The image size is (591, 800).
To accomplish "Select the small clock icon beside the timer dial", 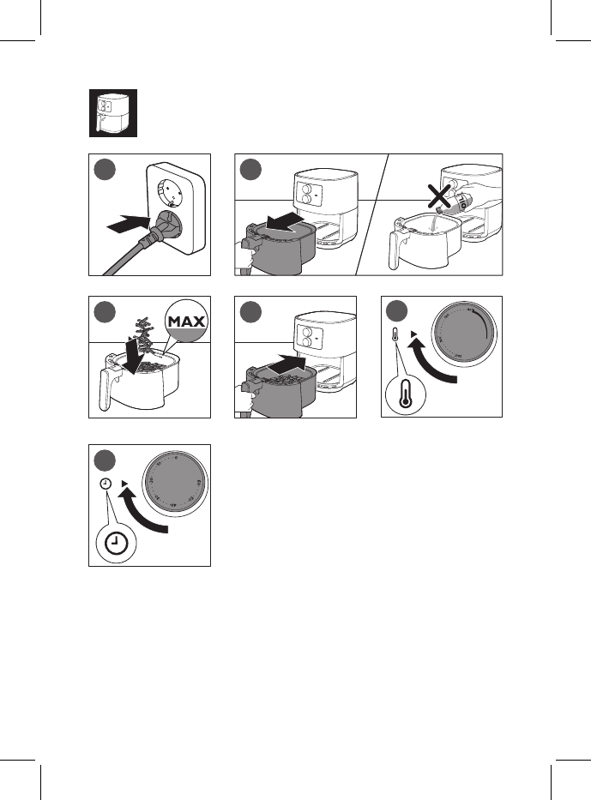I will pos(104,484).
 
